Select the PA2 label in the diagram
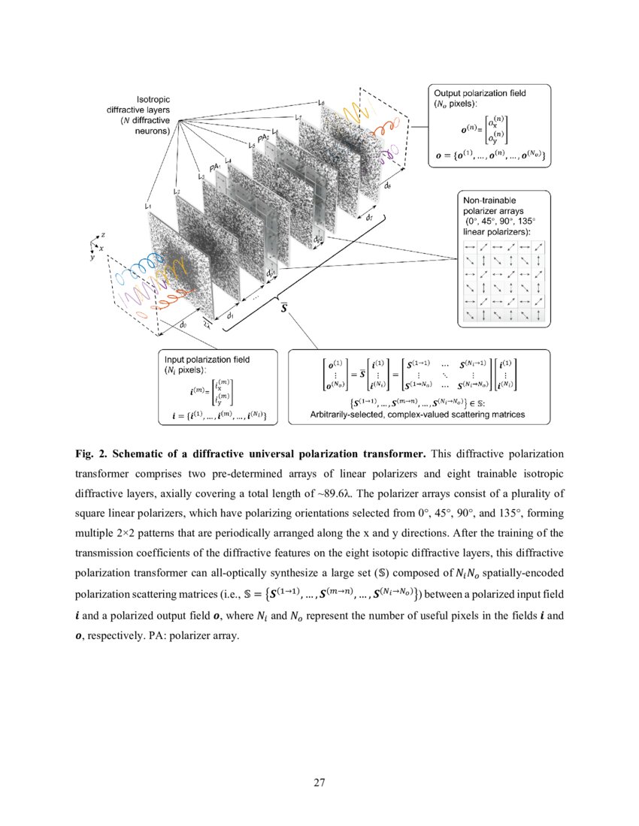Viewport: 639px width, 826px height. [262, 139]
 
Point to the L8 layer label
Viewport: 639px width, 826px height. [322, 103]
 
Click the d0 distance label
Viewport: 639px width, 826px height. [183, 324]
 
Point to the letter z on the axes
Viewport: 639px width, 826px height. [102, 234]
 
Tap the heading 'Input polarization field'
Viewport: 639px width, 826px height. [207, 360]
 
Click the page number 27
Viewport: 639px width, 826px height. [319, 783]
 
